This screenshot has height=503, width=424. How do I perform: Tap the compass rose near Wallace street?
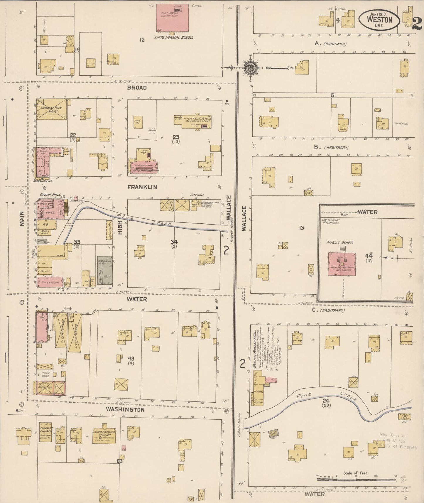click(251, 67)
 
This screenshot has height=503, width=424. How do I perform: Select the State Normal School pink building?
click(172, 17)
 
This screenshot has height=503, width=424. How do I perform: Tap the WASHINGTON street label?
click(125, 410)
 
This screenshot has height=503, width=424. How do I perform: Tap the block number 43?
click(131, 358)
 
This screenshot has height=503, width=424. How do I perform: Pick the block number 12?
click(142, 40)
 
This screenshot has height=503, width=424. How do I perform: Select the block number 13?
click(301, 228)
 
